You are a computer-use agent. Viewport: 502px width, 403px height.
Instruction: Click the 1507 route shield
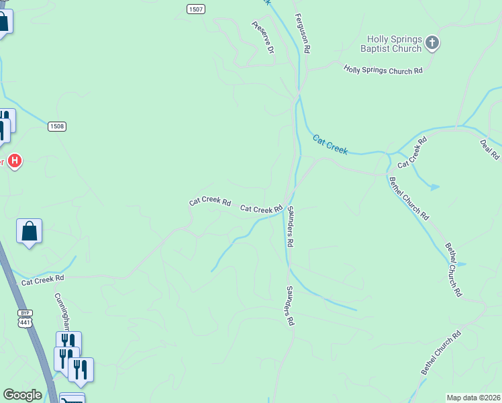pos(195,9)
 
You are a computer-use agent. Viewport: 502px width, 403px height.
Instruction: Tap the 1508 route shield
pos(56,126)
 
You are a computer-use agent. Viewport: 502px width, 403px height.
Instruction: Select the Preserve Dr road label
pos(263,38)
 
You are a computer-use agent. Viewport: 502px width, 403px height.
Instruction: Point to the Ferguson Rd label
pos(303,33)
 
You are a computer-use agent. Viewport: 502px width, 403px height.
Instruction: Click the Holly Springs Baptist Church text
pos(394,44)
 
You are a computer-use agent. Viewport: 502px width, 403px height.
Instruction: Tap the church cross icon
pos(432,44)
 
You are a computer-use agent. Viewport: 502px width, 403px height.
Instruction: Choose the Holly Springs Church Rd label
pos(383,70)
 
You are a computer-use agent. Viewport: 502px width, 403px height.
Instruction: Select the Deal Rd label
pos(489,149)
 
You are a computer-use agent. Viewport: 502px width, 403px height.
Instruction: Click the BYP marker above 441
pos(25,313)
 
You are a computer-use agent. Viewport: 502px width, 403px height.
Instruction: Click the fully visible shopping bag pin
pos(30,232)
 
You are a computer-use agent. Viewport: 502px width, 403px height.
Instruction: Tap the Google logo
pos(23,395)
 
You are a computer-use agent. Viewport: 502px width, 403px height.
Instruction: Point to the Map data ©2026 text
pos(472,398)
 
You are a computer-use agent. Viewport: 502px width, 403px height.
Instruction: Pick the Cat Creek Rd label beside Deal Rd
pos(412,153)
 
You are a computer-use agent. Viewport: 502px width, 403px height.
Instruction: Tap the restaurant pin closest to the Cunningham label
pos(68,343)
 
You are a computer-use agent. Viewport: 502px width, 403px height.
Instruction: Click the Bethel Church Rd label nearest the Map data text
pos(441,353)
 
